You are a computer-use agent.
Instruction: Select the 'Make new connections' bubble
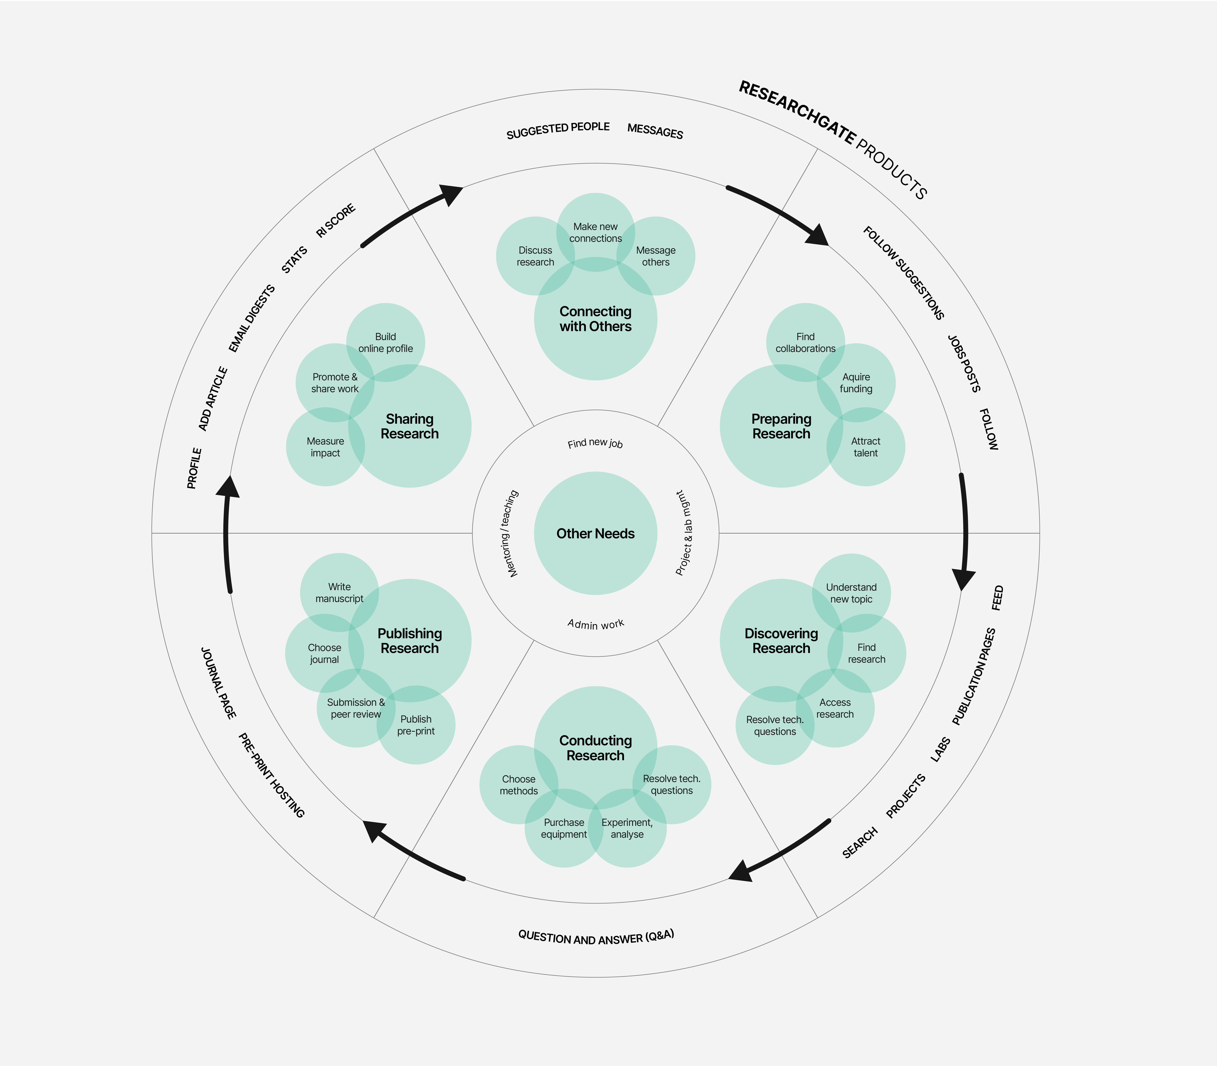tap(595, 232)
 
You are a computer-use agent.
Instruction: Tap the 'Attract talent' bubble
tap(866, 447)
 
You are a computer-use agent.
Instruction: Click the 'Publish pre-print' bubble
tap(416, 725)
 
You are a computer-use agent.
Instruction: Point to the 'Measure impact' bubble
tap(325, 447)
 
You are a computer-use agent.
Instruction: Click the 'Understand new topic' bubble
tap(851, 593)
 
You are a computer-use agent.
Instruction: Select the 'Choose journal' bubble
tap(324, 653)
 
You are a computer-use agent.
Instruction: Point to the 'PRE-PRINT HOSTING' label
tap(271, 775)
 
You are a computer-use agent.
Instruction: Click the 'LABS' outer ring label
tap(940, 750)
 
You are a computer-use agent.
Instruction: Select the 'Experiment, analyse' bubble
tap(627, 828)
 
